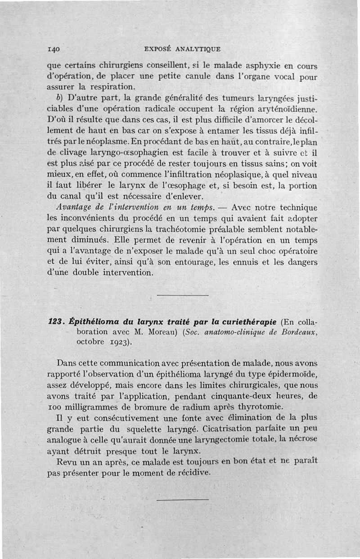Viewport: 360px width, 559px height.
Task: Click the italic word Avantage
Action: (x=75, y=208)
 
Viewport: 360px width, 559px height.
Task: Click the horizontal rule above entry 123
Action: (x=184, y=295)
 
